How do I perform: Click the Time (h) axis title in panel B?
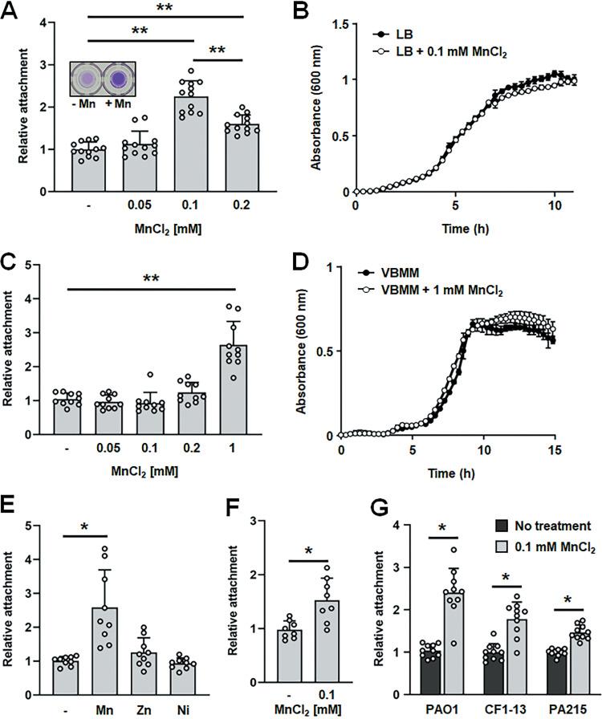(x=469, y=227)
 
